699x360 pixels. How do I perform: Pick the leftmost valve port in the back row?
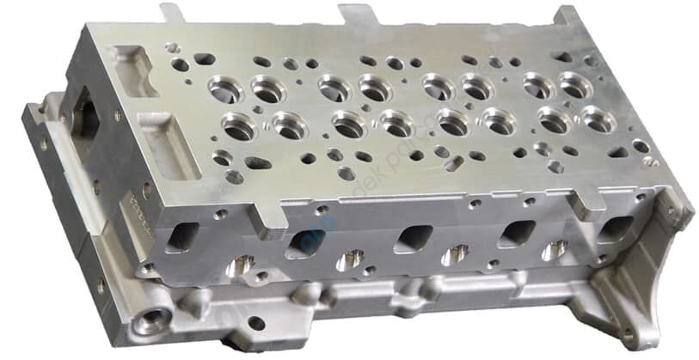224,87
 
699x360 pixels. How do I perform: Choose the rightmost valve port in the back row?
575,84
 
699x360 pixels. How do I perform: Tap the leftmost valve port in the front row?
239,127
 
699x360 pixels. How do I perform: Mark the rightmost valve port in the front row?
597,119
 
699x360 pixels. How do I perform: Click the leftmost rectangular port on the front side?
183,237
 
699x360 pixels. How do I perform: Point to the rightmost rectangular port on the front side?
616,229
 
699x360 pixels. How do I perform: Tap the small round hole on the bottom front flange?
255,323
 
